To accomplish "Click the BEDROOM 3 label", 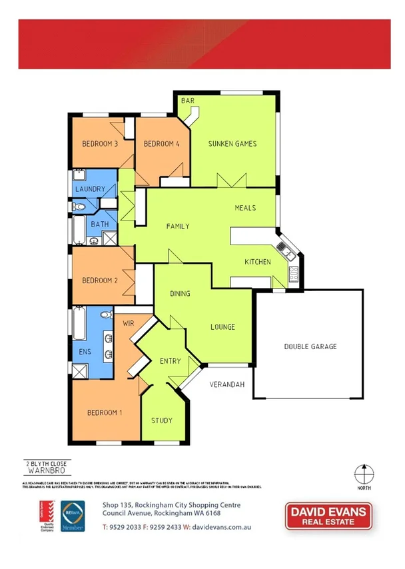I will [x=100, y=144].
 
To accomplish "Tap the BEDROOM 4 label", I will [x=161, y=144].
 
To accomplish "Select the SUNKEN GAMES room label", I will [x=232, y=144].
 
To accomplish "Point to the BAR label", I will [x=187, y=101].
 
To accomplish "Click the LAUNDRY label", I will [x=90, y=189].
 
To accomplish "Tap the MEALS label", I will [x=245, y=208].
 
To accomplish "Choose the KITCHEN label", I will [x=258, y=262].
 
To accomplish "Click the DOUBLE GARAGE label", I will [x=310, y=346].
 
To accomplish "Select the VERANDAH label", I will [x=228, y=385].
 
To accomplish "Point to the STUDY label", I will [x=162, y=420].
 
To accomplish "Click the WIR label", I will [x=129, y=323].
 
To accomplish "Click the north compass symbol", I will [x=362, y=475].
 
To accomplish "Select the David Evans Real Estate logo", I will [x=328, y=516].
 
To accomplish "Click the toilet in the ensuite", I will [x=105, y=314].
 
